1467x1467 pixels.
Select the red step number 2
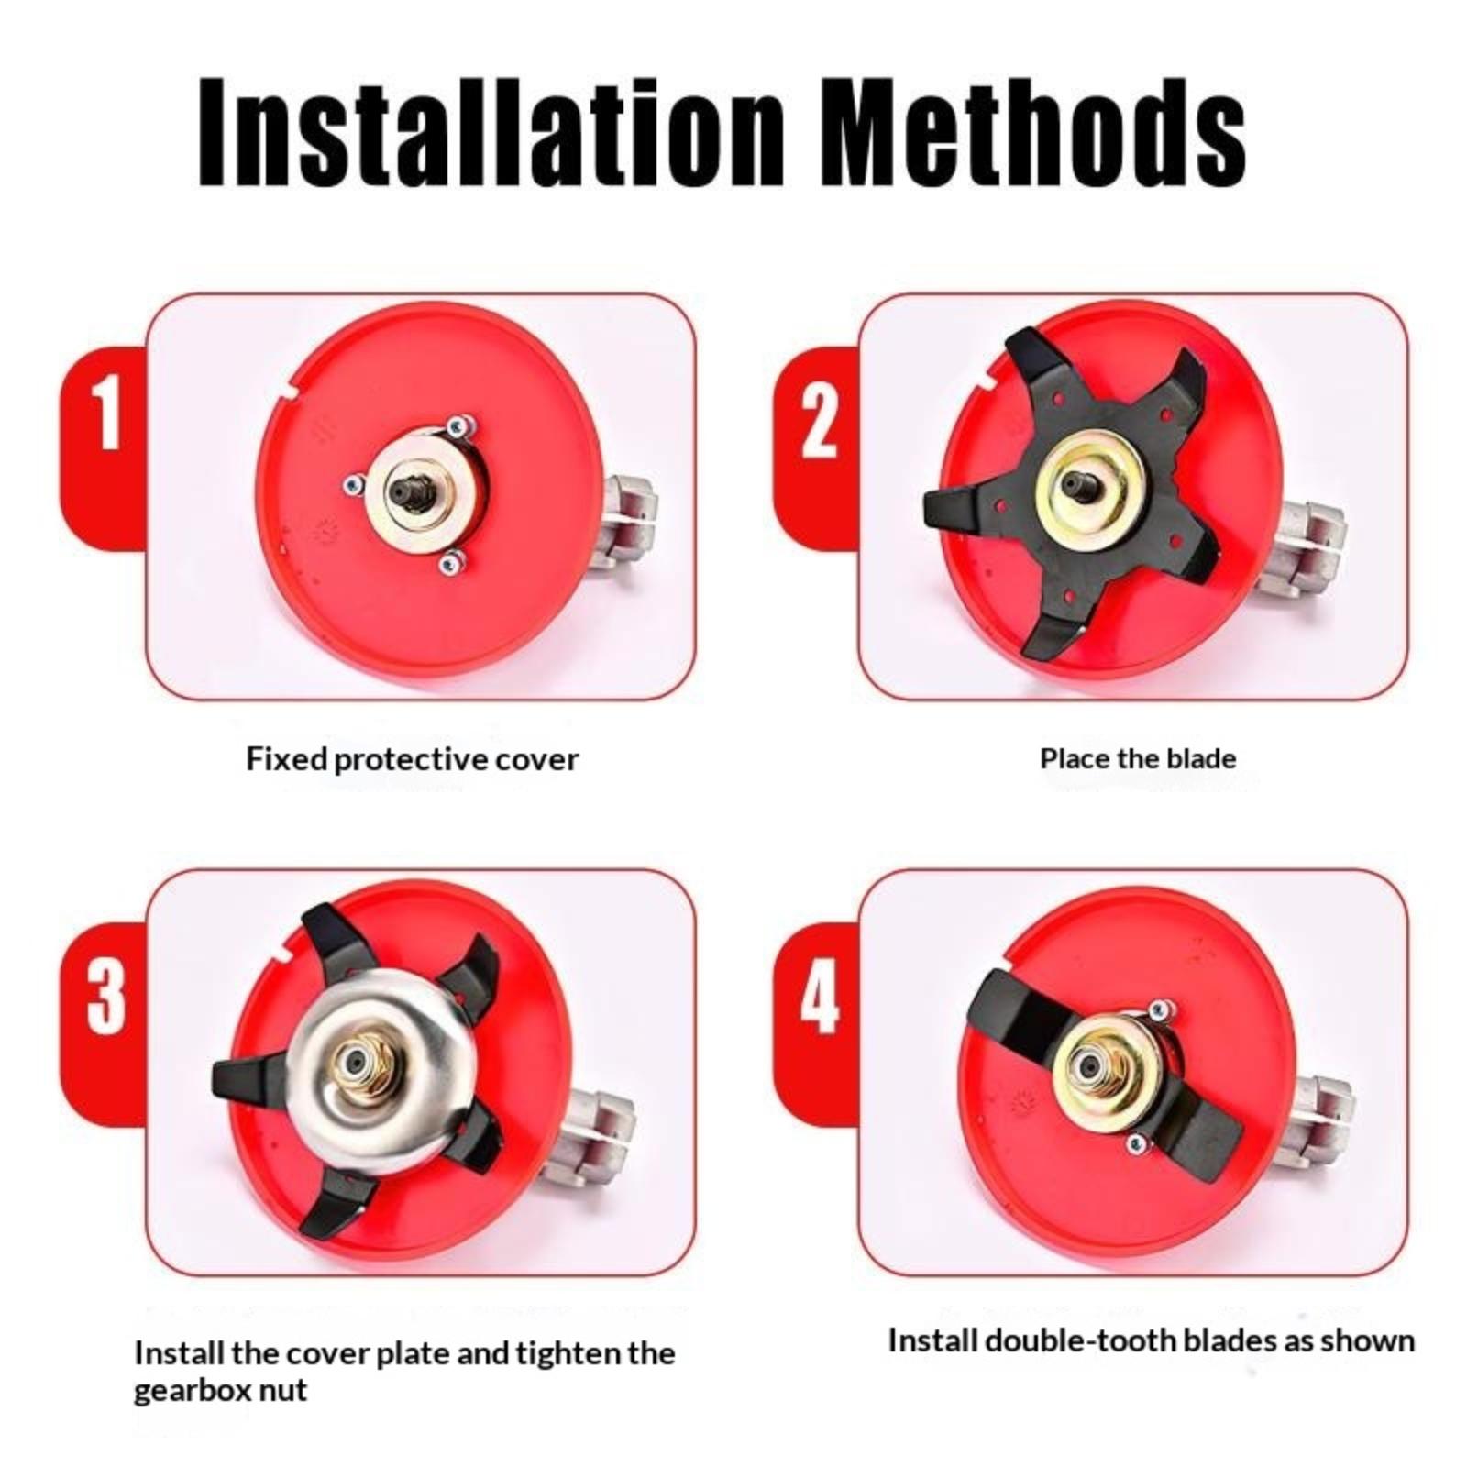[818, 421]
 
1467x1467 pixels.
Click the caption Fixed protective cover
[413, 760]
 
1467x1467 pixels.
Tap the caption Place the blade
[1138, 758]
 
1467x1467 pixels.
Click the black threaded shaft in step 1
[411, 490]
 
